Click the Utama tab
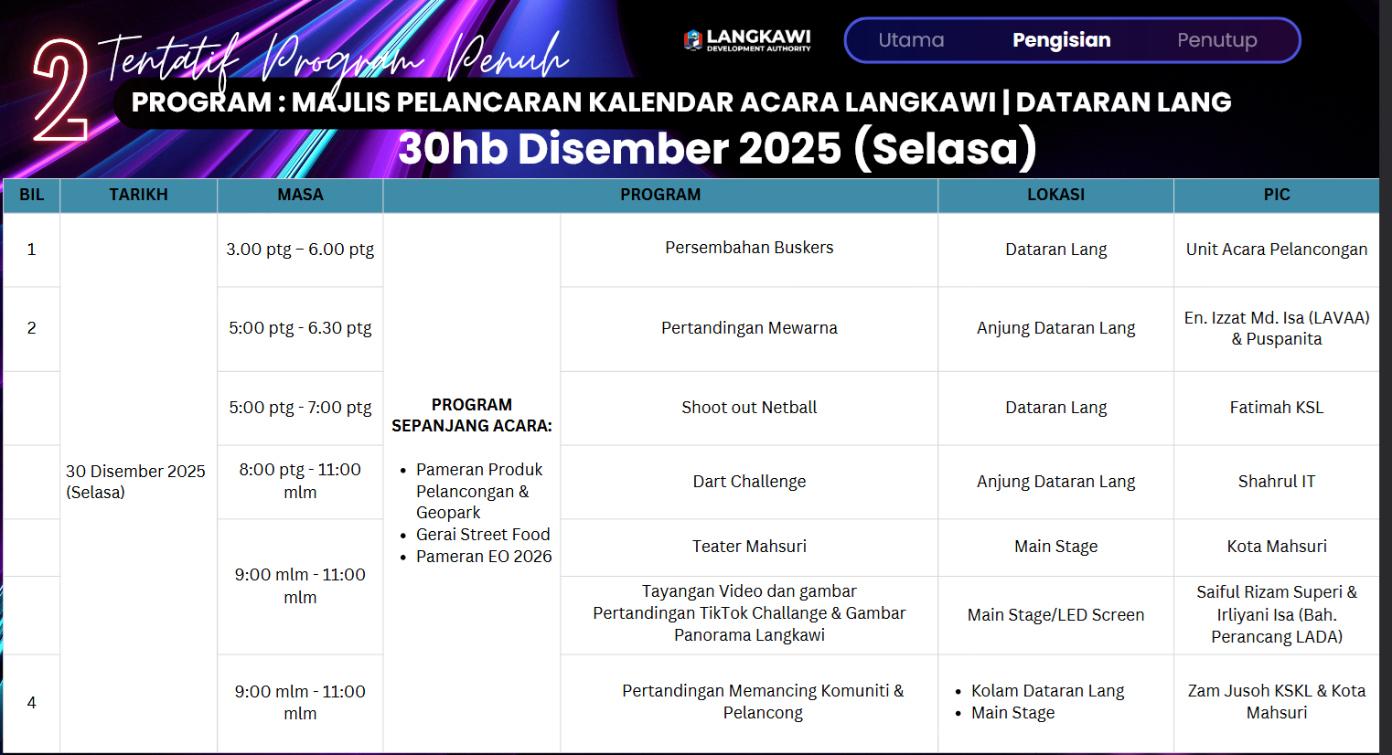pyautogui.click(x=911, y=40)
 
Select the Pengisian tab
pyautogui.click(x=1062, y=40)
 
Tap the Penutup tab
pyautogui.click(x=1216, y=40)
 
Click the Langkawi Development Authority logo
pyautogui.click(x=747, y=40)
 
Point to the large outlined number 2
pyautogui.click(x=61, y=90)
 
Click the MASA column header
pyautogui.click(x=300, y=195)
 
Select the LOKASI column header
pyautogui.click(x=1055, y=195)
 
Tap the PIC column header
pyautogui.click(x=1277, y=195)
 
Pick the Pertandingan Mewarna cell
pyautogui.click(x=749, y=328)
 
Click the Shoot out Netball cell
pyautogui.click(x=749, y=408)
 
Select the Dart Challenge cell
pyautogui.click(x=749, y=481)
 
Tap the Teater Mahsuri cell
pyautogui.click(x=749, y=547)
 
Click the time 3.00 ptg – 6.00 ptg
pyautogui.click(x=300, y=250)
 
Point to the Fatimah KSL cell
pyautogui.click(x=1277, y=408)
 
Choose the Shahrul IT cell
pyautogui.click(x=1277, y=481)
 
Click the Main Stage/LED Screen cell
pyautogui.click(x=1055, y=614)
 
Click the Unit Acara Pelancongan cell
pyautogui.click(x=1277, y=250)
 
